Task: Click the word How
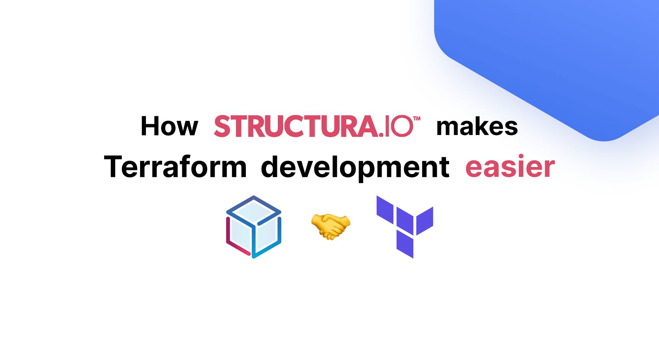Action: click(x=169, y=126)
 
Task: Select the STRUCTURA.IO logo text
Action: click(x=313, y=126)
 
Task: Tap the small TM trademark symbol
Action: click(x=417, y=119)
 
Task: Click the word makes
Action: click(x=477, y=127)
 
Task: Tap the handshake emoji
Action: click(x=330, y=226)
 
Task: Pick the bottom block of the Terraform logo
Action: click(x=405, y=244)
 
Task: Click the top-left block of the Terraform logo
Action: click(x=385, y=209)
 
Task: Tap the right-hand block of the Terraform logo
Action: click(x=425, y=220)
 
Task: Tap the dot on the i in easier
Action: click(x=521, y=156)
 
